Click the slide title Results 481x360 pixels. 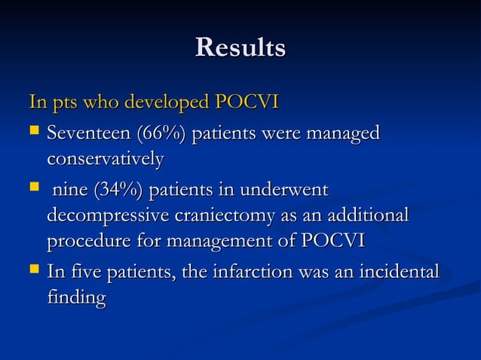pos(240,47)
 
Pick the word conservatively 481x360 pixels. pos(105,160)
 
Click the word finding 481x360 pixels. pos(76,297)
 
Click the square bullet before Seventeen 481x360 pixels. pos(33,134)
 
